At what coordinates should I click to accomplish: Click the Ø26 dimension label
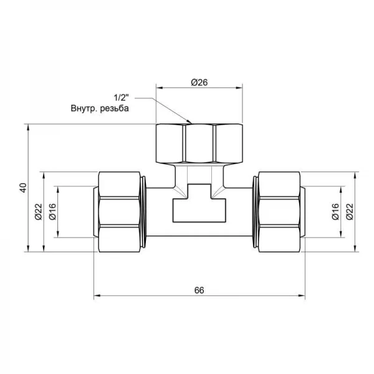(x=199, y=82)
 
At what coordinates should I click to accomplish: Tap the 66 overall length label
(x=199, y=290)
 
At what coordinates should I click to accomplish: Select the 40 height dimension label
(x=23, y=188)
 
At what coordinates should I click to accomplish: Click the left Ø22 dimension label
(x=39, y=211)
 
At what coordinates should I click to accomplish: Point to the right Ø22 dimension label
(x=350, y=211)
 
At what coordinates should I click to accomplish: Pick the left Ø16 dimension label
(x=52, y=211)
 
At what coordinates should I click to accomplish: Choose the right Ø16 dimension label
(x=335, y=211)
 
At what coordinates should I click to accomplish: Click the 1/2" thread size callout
(x=121, y=97)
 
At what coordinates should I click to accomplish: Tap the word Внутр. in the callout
(x=84, y=108)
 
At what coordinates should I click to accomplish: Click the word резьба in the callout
(x=115, y=108)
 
